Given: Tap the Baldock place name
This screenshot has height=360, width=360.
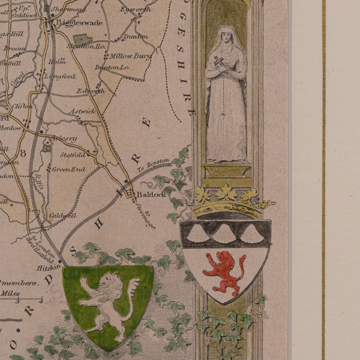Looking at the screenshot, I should pyautogui.click(x=147, y=195).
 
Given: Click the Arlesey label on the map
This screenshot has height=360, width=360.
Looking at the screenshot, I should pyautogui.click(x=65, y=138).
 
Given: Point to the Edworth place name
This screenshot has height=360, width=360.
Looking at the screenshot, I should pyautogui.click(x=91, y=91).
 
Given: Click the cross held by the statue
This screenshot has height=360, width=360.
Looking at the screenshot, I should pyautogui.click(x=219, y=63).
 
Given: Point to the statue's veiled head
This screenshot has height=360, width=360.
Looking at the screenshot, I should pyautogui.click(x=226, y=38).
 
